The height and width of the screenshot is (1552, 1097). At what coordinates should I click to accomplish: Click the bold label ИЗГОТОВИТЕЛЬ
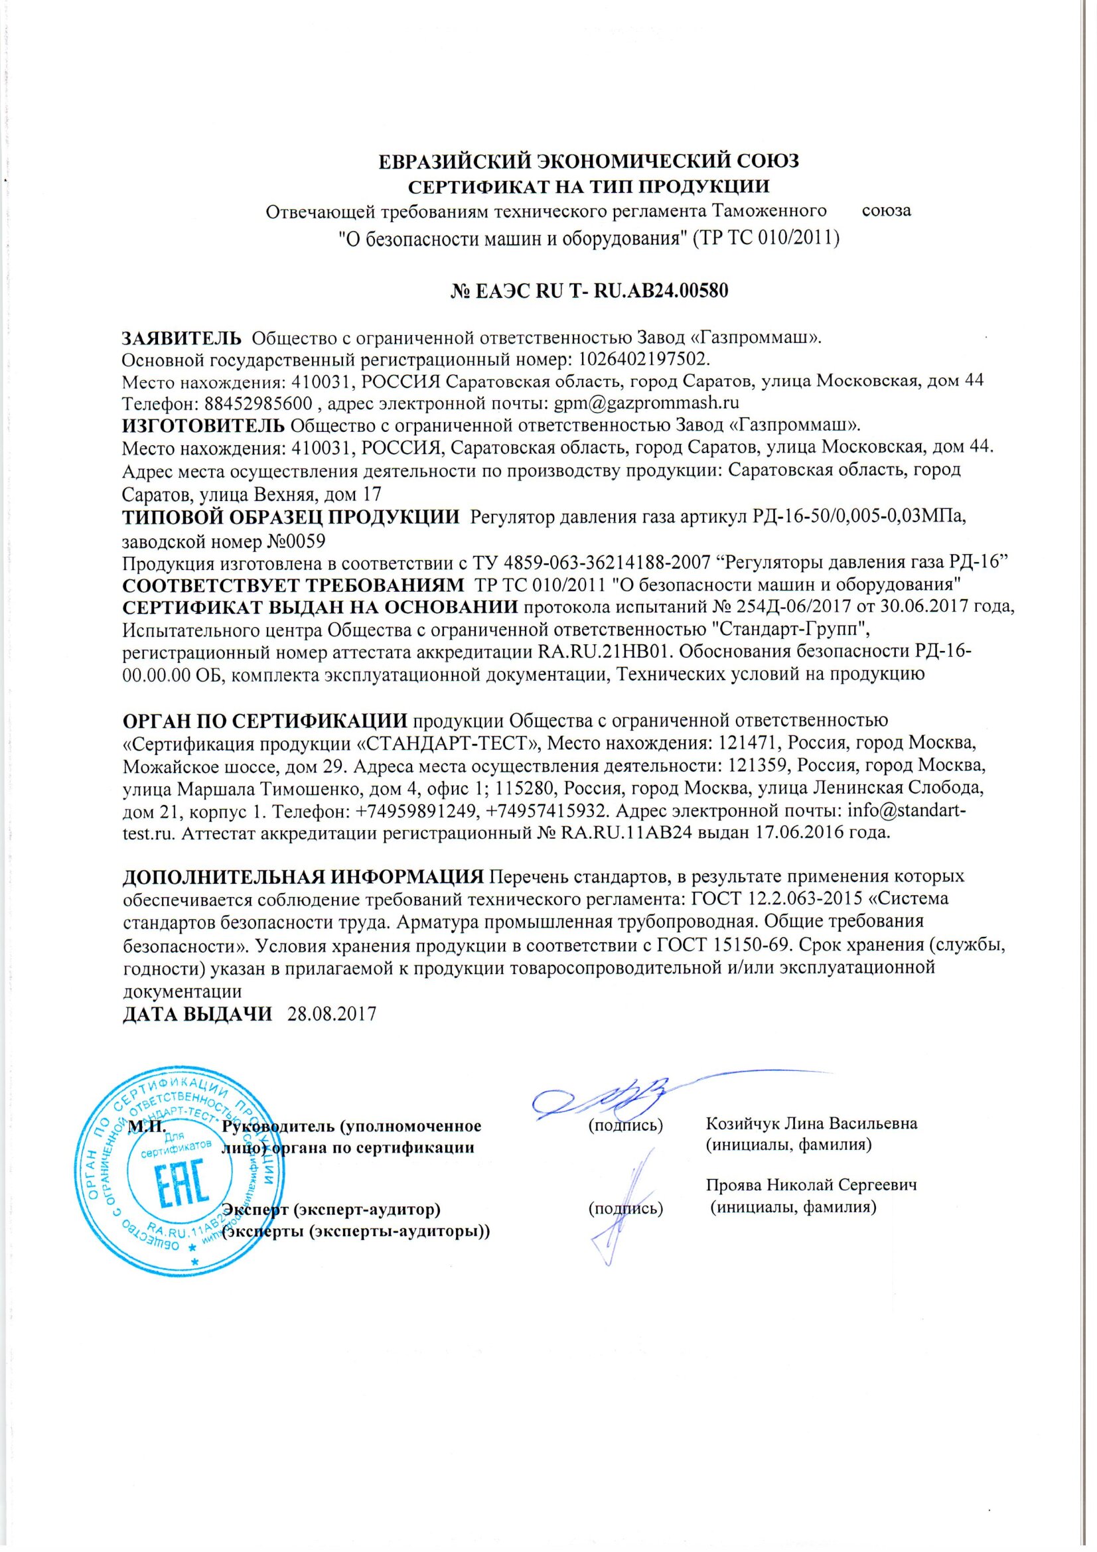pos(203,425)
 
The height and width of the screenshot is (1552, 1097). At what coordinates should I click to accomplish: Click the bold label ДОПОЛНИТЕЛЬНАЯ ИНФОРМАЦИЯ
pos(302,877)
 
